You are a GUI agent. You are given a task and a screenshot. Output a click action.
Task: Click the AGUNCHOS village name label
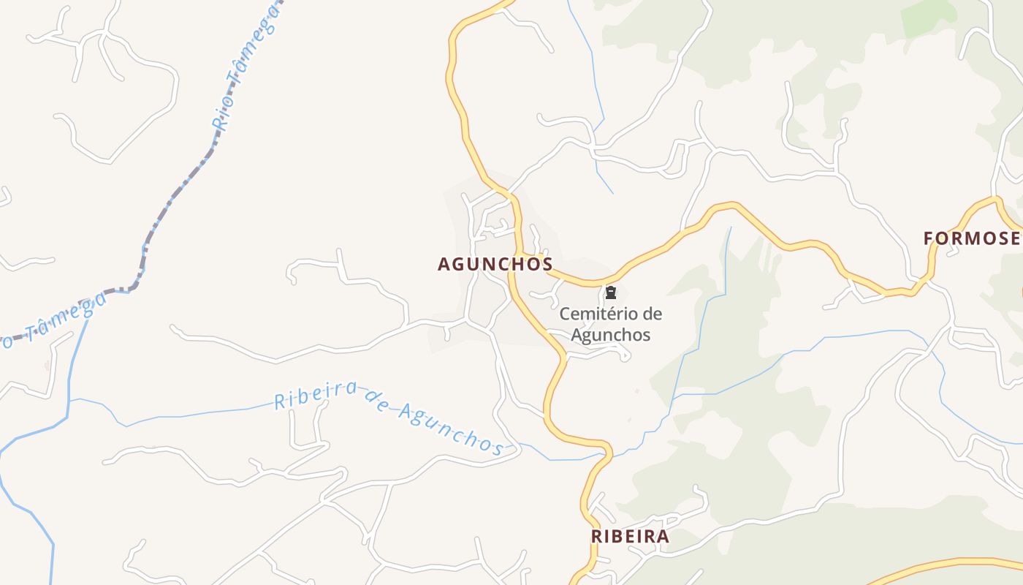pyautogui.click(x=495, y=264)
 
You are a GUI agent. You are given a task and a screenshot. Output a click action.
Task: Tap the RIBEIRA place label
pyautogui.click(x=629, y=536)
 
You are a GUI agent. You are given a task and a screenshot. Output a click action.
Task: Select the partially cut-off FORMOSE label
pyautogui.click(x=972, y=238)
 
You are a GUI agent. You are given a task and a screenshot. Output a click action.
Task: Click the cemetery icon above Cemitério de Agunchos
pyautogui.click(x=610, y=293)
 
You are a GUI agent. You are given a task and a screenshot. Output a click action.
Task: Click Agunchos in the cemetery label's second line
pyautogui.click(x=610, y=335)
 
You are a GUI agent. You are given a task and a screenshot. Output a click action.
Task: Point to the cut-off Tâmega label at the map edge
pyautogui.click(x=55, y=322)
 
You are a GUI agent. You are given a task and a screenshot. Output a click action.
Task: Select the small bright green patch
pyautogui.click(x=929, y=18)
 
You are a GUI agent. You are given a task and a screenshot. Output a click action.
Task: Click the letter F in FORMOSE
pyautogui.click(x=929, y=238)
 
